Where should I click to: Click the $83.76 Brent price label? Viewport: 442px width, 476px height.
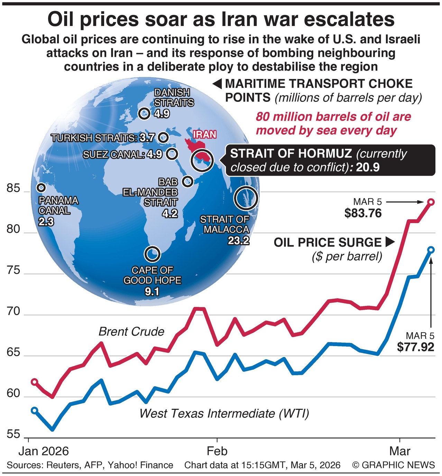[363, 213]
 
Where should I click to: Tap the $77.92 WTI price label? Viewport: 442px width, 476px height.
[415, 346]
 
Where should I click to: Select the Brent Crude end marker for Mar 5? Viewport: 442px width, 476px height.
[431, 202]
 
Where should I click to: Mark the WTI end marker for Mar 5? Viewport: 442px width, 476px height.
[431, 249]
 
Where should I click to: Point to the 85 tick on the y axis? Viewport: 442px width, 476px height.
[14, 189]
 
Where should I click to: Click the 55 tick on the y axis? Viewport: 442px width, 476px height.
[14, 434]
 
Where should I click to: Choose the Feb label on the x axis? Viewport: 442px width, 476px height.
[217, 451]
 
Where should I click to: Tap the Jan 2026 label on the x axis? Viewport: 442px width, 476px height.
[44, 451]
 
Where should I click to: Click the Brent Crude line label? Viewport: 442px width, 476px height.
[131, 332]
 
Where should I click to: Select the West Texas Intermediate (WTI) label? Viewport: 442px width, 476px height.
[224, 413]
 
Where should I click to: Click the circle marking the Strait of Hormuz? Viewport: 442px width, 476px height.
[202, 160]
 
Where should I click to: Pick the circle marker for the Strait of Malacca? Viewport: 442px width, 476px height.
[246, 199]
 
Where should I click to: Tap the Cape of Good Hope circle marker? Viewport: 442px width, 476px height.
[152, 254]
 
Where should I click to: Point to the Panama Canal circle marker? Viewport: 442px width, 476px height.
[42, 188]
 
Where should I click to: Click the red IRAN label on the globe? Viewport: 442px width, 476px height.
[204, 134]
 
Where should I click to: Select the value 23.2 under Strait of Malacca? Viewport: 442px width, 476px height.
[238, 240]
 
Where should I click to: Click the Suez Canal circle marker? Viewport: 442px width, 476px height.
[172, 153]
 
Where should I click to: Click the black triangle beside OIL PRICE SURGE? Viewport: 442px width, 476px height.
[390, 242]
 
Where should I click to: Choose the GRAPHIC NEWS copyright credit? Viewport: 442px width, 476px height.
[394, 465]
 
